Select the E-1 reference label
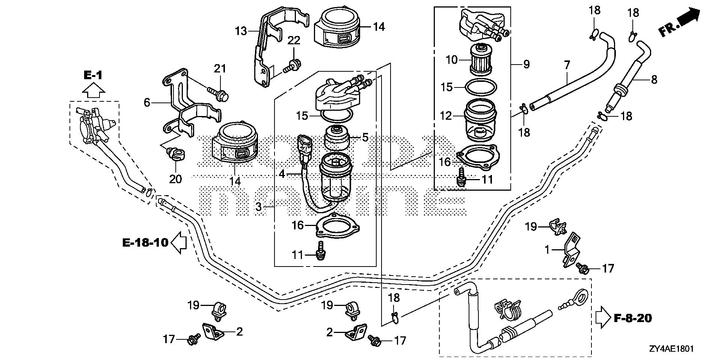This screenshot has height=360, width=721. coord(92,75)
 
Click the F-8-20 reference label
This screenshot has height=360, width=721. coord(634,318)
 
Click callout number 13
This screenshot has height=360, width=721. coord(241,31)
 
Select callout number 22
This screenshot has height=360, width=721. coord(294,41)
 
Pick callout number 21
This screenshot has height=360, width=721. coord(220,68)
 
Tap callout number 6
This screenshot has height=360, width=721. coord(147,102)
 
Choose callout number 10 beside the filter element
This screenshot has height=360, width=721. coord(452,59)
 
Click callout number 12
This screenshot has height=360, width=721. coord(446,116)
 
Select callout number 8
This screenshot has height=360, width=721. coord(654,80)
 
